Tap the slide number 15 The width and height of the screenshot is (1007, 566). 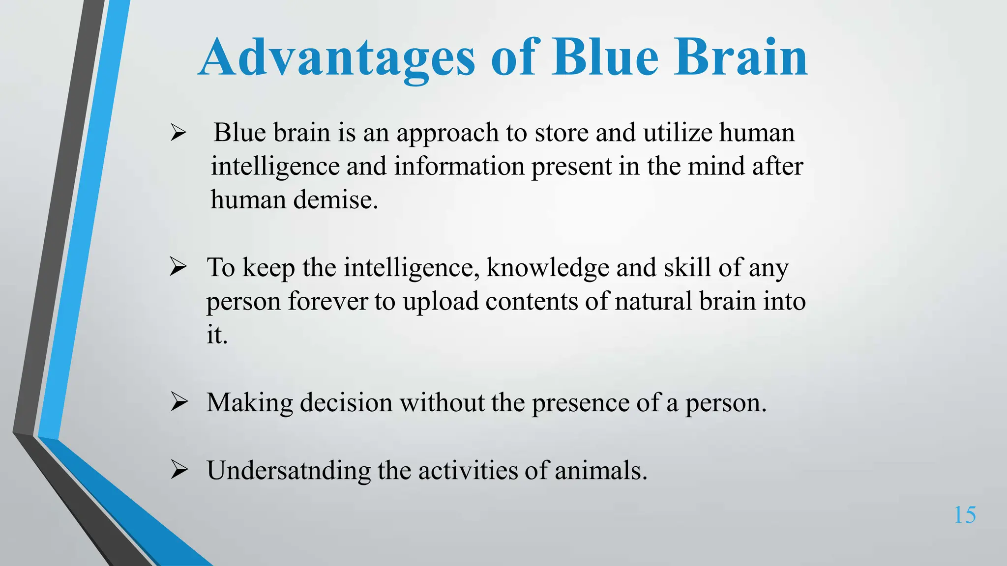(x=965, y=515)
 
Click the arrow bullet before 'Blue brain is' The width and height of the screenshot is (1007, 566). (x=178, y=133)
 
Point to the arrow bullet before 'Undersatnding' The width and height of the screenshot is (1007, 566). (x=179, y=470)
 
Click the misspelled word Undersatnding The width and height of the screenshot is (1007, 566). (x=288, y=471)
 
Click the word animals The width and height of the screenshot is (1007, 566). (x=601, y=471)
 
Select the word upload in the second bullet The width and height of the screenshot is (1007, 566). (x=441, y=302)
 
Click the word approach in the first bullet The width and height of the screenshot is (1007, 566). (x=447, y=134)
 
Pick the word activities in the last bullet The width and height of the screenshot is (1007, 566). (x=468, y=471)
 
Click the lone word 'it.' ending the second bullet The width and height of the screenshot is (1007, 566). (x=217, y=335)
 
